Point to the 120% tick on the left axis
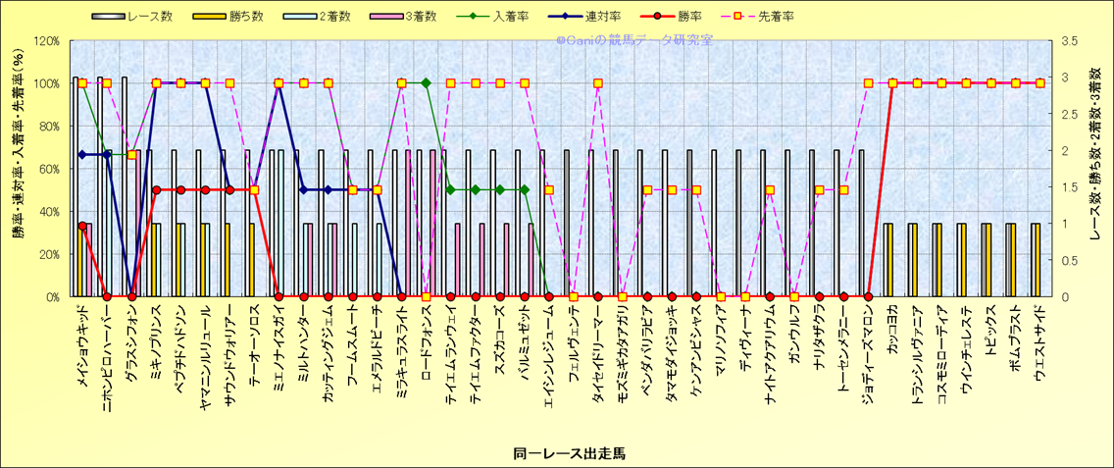point(45,41)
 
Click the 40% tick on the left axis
point(48,211)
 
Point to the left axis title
point(18,168)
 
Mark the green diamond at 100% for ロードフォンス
point(426,82)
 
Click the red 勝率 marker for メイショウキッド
point(82,226)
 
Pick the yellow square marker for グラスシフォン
point(131,155)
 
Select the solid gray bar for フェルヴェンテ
point(566,224)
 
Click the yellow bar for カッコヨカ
point(888,260)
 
